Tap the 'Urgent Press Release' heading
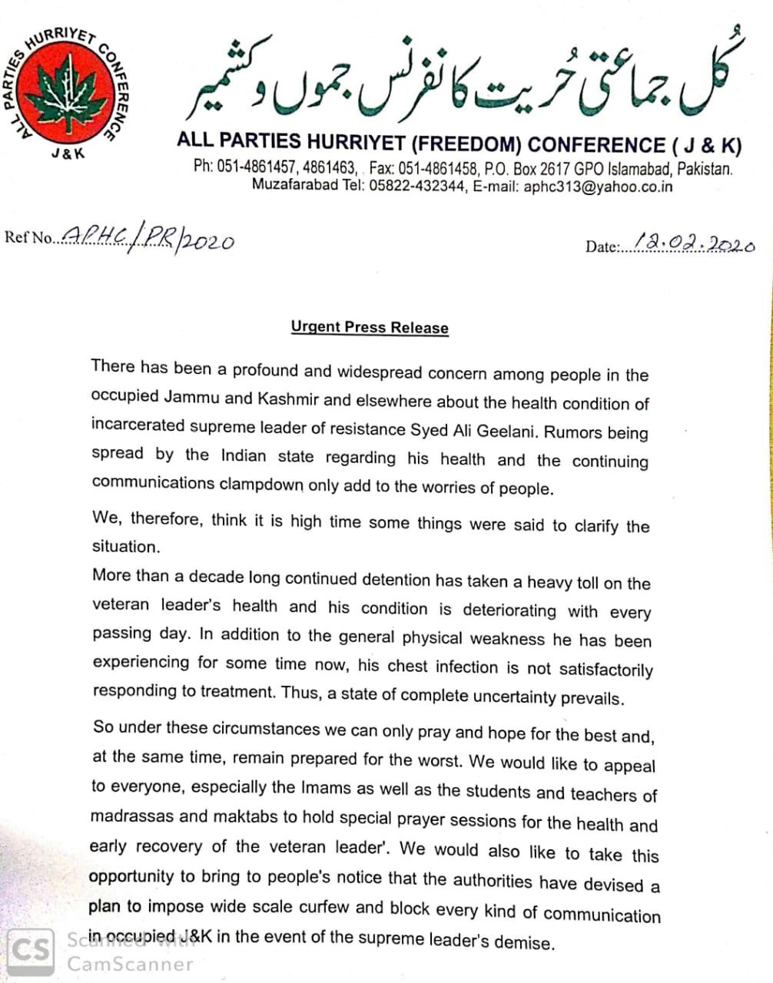click(370, 327)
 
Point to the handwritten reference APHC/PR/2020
click(147, 240)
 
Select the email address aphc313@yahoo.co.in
click(598, 187)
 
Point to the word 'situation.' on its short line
click(125, 546)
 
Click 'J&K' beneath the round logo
click(68, 153)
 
